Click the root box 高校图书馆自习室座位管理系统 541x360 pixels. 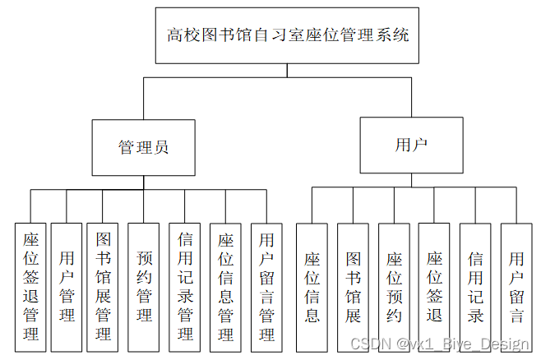point(287,35)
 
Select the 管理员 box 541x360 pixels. point(144,147)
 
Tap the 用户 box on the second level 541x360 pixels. point(411,145)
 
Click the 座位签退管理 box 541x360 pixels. point(30,285)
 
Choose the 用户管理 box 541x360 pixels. point(67,285)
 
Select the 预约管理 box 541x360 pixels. point(144,285)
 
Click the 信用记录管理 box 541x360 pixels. point(185,285)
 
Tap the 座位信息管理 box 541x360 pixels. point(225,285)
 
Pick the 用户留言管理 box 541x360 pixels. point(266,285)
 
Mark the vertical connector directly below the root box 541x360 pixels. point(287,70)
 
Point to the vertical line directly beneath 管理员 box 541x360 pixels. point(144,182)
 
